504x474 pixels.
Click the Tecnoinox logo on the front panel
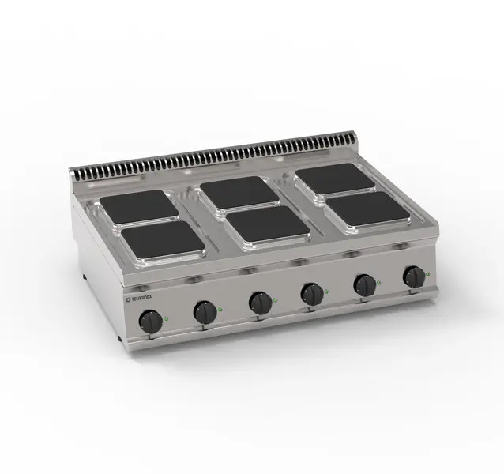coord(143,300)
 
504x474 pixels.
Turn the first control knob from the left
coord(150,320)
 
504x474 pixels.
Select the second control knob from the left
coord(205,313)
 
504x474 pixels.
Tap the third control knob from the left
coord(259,302)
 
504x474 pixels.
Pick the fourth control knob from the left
coord(312,294)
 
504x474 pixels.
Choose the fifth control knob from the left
coord(364,285)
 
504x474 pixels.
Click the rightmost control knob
coord(414,276)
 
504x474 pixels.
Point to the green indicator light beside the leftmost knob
coord(166,315)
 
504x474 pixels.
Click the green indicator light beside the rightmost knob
coord(427,273)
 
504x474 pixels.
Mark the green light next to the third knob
coord(274,298)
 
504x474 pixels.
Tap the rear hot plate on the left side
coord(138,205)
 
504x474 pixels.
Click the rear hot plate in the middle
coord(237,192)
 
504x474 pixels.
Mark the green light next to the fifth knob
coord(378,281)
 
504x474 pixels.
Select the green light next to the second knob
coord(220,308)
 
